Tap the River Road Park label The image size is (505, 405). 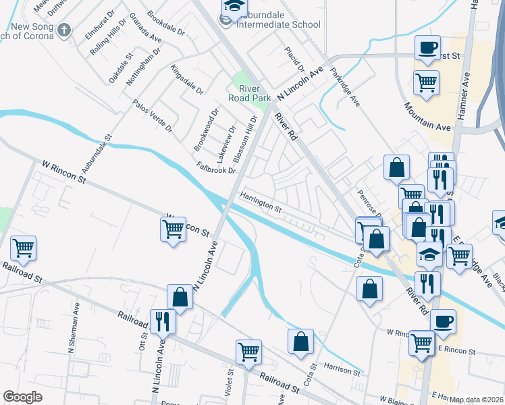pos(254,92)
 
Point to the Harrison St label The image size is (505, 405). pos(342,369)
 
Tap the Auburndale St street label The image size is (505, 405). pos(97,152)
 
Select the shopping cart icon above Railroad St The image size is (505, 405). pos(248,351)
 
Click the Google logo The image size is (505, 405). pos(23,397)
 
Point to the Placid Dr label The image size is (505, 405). pos(295,59)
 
